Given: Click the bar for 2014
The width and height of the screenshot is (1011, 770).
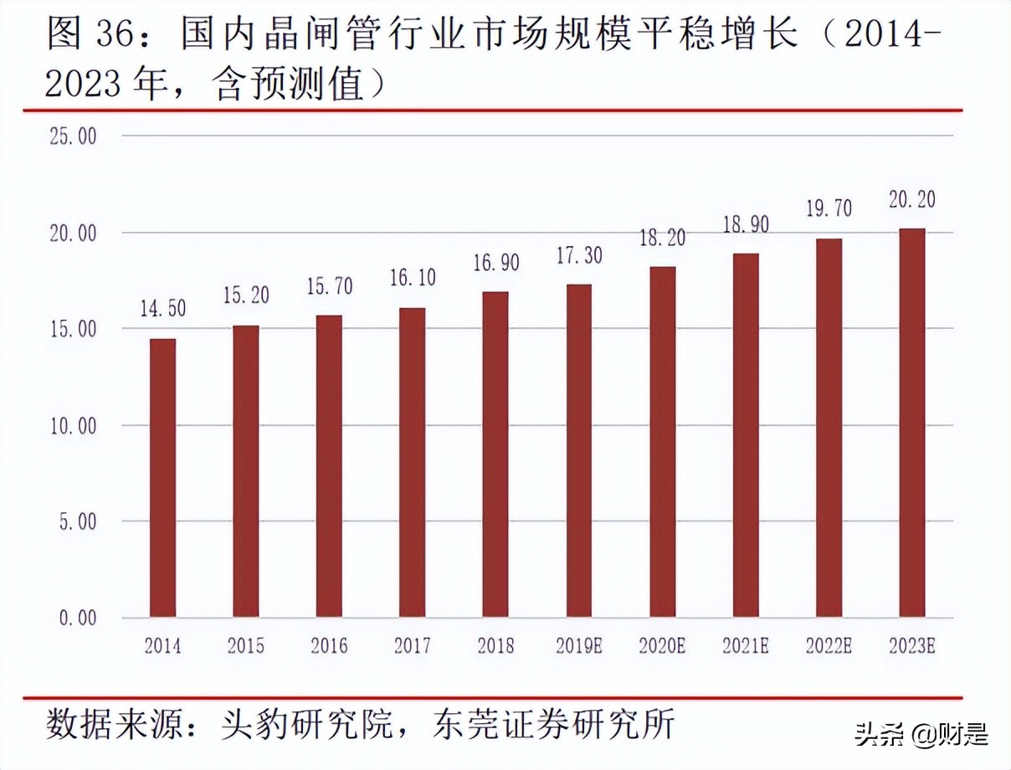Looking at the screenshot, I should pyautogui.click(x=162, y=478).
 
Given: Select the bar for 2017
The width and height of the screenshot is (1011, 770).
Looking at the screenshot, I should pyautogui.click(x=412, y=463).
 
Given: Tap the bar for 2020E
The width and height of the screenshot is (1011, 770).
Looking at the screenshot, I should pyautogui.click(x=662, y=442).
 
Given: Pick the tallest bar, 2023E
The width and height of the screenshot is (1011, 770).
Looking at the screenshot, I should pyautogui.click(x=912, y=423).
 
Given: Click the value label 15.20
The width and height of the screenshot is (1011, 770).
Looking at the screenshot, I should pyautogui.click(x=245, y=295).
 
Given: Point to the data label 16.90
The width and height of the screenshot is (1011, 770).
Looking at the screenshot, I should pyautogui.click(x=496, y=263).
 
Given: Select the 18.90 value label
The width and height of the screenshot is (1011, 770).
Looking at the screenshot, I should pyautogui.click(x=746, y=224).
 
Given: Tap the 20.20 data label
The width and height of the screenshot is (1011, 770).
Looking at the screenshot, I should pyautogui.click(x=912, y=199).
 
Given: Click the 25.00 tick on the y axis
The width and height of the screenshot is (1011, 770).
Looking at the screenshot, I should pyautogui.click(x=74, y=136).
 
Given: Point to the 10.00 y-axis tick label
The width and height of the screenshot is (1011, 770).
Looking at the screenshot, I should pyautogui.click(x=74, y=425).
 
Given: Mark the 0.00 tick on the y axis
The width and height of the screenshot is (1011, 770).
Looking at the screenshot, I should pyautogui.click(x=78, y=618).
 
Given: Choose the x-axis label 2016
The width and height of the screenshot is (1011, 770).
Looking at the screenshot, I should pyautogui.click(x=329, y=646).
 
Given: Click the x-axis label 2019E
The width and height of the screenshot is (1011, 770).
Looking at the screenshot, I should pyautogui.click(x=579, y=646).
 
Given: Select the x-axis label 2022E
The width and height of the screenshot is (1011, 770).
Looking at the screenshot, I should pyautogui.click(x=829, y=646).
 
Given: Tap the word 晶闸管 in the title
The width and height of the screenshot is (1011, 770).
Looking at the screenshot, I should pyautogui.click(x=316, y=35).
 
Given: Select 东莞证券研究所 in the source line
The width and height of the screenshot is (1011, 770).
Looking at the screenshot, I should pyautogui.click(x=553, y=723).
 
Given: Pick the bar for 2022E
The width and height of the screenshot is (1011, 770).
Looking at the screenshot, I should pyautogui.click(x=829, y=428).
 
